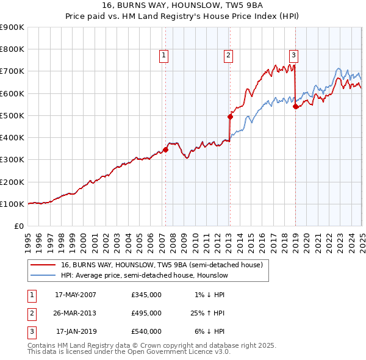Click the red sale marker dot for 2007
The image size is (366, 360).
tap(165, 149)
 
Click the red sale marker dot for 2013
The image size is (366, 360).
tap(230, 117)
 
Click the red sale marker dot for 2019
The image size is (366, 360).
tap(295, 106)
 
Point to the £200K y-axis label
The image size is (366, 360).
tap(12, 182)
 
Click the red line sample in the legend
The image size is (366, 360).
tap(43, 265)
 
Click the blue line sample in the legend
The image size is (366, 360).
tap(43, 276)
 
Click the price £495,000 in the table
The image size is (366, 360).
tap(146, 313)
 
